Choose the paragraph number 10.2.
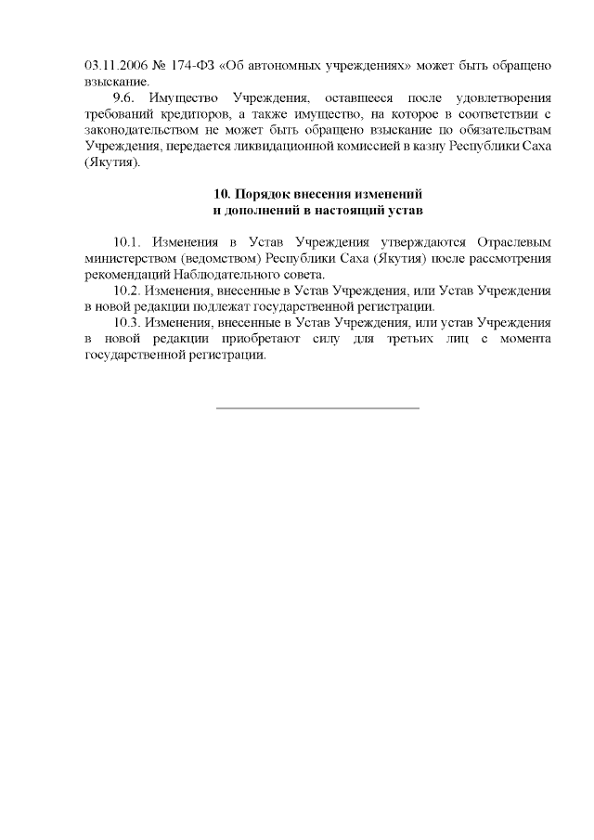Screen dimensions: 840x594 pos(128,291)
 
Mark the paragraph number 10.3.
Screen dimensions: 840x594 pos(128,322)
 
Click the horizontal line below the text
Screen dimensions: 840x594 pos(317,407)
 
